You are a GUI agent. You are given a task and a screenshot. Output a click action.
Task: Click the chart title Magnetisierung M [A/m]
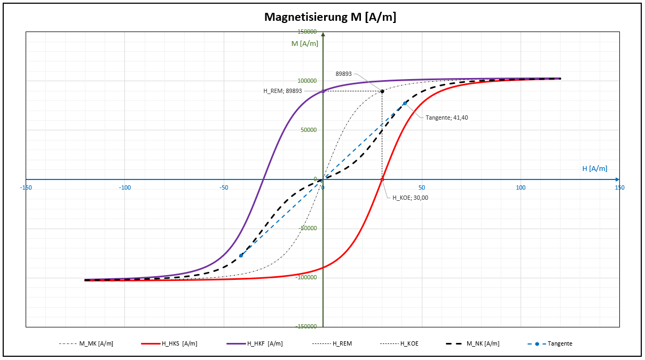point(331,17)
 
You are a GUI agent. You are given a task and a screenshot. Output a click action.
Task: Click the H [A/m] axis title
point(594,169)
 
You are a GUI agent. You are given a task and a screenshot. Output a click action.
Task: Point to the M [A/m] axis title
point(304,43)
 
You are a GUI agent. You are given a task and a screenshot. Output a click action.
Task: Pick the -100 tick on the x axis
point(125,187)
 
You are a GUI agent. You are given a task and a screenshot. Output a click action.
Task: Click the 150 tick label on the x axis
point(619,187)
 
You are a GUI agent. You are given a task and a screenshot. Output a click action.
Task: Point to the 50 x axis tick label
point(422,187)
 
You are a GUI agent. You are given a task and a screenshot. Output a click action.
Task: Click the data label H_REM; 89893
point(282,91)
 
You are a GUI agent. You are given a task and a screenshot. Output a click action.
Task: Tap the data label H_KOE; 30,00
point(410,198)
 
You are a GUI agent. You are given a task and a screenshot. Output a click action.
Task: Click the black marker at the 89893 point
point(382,91)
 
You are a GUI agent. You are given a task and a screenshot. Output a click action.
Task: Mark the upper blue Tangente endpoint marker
point(405,104)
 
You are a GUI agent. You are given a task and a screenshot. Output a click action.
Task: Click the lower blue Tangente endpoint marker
point(241,255)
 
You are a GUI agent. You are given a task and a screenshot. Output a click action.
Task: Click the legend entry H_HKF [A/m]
point(264,343)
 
